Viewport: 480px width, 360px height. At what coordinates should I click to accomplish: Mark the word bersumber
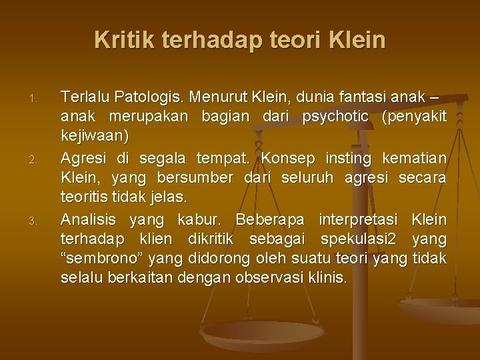point(196,177)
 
